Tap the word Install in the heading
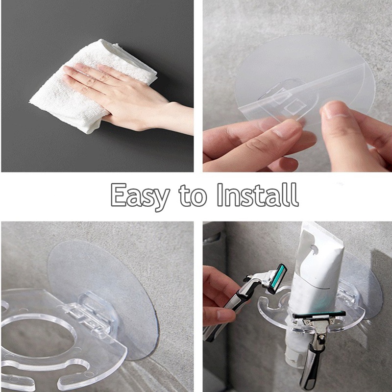pyautogui.click(x=258, y=195)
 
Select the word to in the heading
pyautogui.click(x=193, y=196)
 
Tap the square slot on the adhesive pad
pyautogui.click(x=293, y=107)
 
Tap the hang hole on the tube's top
pyautogui.click(x=314, y=249)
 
